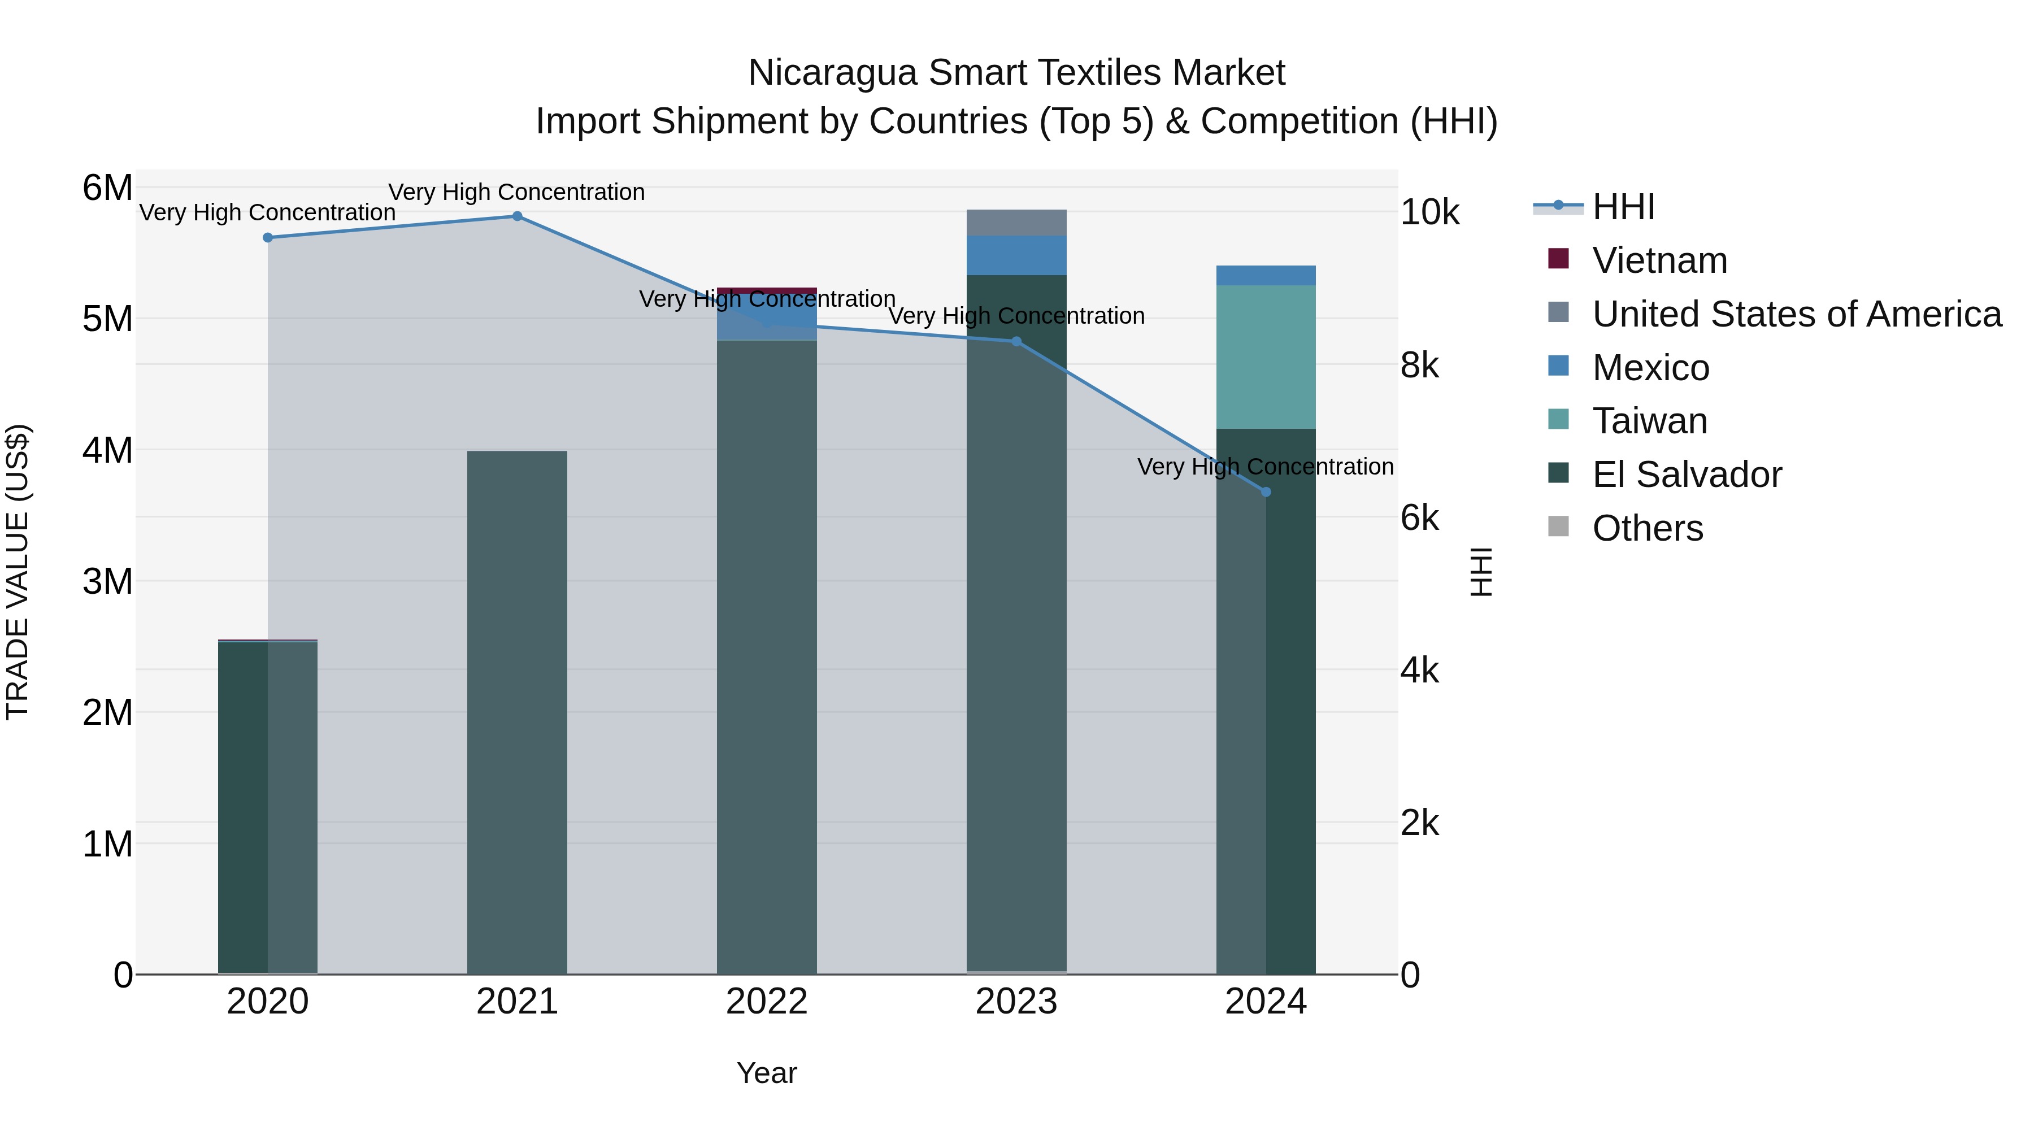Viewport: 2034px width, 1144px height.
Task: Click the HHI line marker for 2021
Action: click(x=517, y=216)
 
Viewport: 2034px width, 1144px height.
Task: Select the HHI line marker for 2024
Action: click(x=1266, y=492)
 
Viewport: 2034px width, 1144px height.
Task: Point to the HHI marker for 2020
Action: click(x=268, y=238)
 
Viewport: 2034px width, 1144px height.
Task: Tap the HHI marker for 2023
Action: click(x=1016, y=341)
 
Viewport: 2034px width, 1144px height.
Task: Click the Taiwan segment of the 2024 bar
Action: click(x=1266, y=357)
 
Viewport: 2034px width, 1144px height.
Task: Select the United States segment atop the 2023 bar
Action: click(x=1016, y=223)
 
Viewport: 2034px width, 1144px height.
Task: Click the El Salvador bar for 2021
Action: click(x=517, y=711)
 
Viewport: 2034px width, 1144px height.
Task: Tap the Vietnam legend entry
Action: click(x=1658, y=260)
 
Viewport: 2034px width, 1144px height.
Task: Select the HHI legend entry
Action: click(x=1623, y=207)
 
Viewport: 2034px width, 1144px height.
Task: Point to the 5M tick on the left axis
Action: click(x=107, y=320)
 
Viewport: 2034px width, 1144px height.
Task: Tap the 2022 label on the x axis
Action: click(x=767, y=1002)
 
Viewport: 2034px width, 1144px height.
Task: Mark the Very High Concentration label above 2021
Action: click(x=516, y=192)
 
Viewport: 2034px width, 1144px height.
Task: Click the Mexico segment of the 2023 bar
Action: click(x=1016, y=255)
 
